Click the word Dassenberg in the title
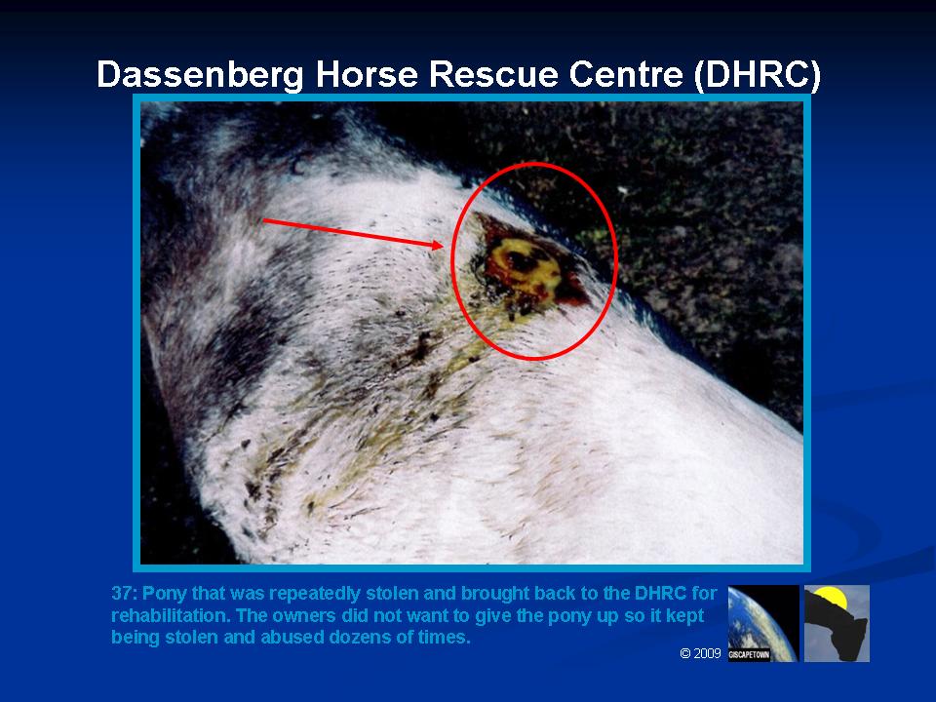click(201, 75)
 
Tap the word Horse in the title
click(366, 74)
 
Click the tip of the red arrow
click(444, 246)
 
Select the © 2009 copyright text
click(701, 653)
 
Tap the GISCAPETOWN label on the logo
click(749, 655)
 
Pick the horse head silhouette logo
click(837, 623)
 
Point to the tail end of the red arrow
click(263, 220)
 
